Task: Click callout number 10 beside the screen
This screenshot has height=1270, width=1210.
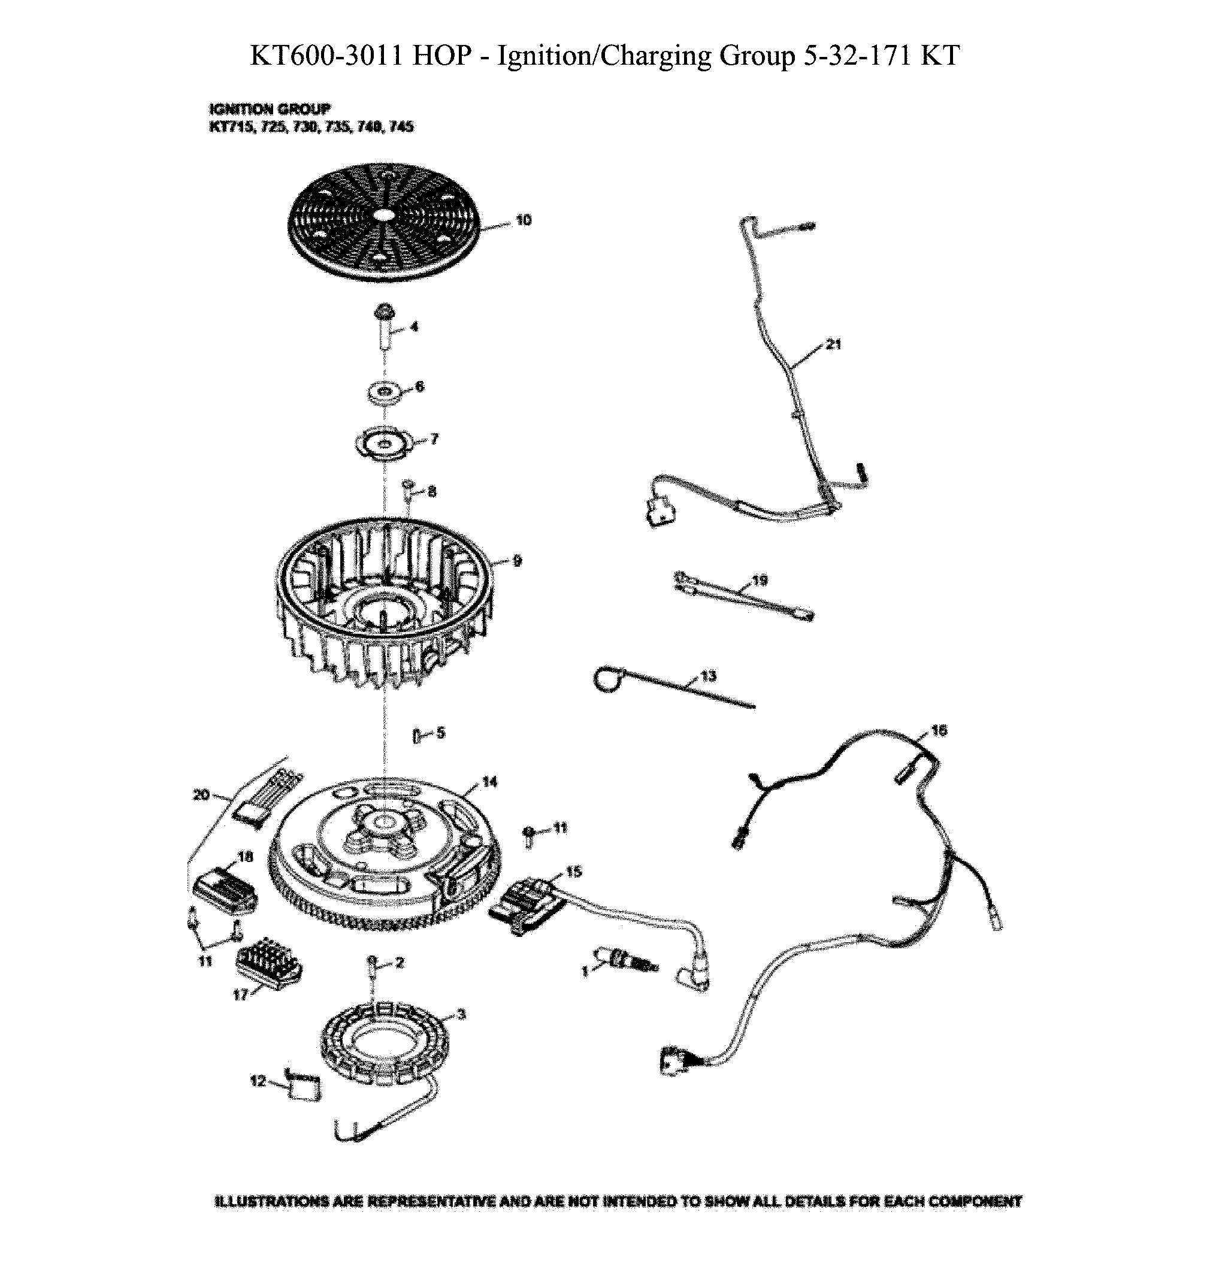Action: click(523, 220)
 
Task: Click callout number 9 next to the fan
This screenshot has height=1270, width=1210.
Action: click(516, 561)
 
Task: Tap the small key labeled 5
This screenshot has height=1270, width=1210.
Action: click(418, 734)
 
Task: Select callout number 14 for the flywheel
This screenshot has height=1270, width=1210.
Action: click(489, 782)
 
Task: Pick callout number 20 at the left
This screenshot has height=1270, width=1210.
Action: click(201, 794)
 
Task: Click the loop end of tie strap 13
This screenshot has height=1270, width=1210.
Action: click(606, 679)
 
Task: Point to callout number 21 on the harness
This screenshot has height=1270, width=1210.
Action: click(833, 344)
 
